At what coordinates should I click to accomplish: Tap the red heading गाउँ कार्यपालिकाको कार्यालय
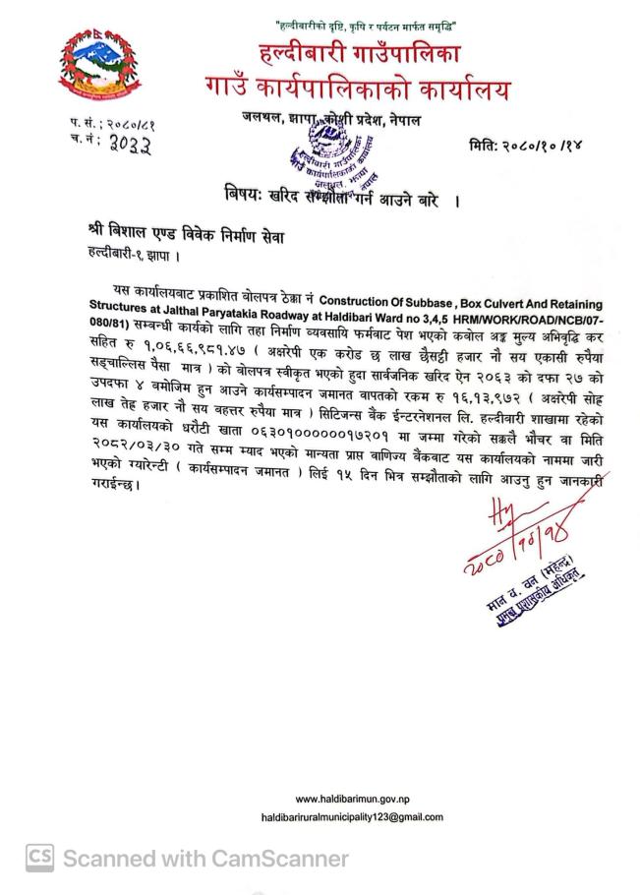click(x=358, y=89)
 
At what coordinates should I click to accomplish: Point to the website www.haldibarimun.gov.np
click(x=351, y=798)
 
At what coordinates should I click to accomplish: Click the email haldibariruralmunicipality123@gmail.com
click(x=351, y=817)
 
